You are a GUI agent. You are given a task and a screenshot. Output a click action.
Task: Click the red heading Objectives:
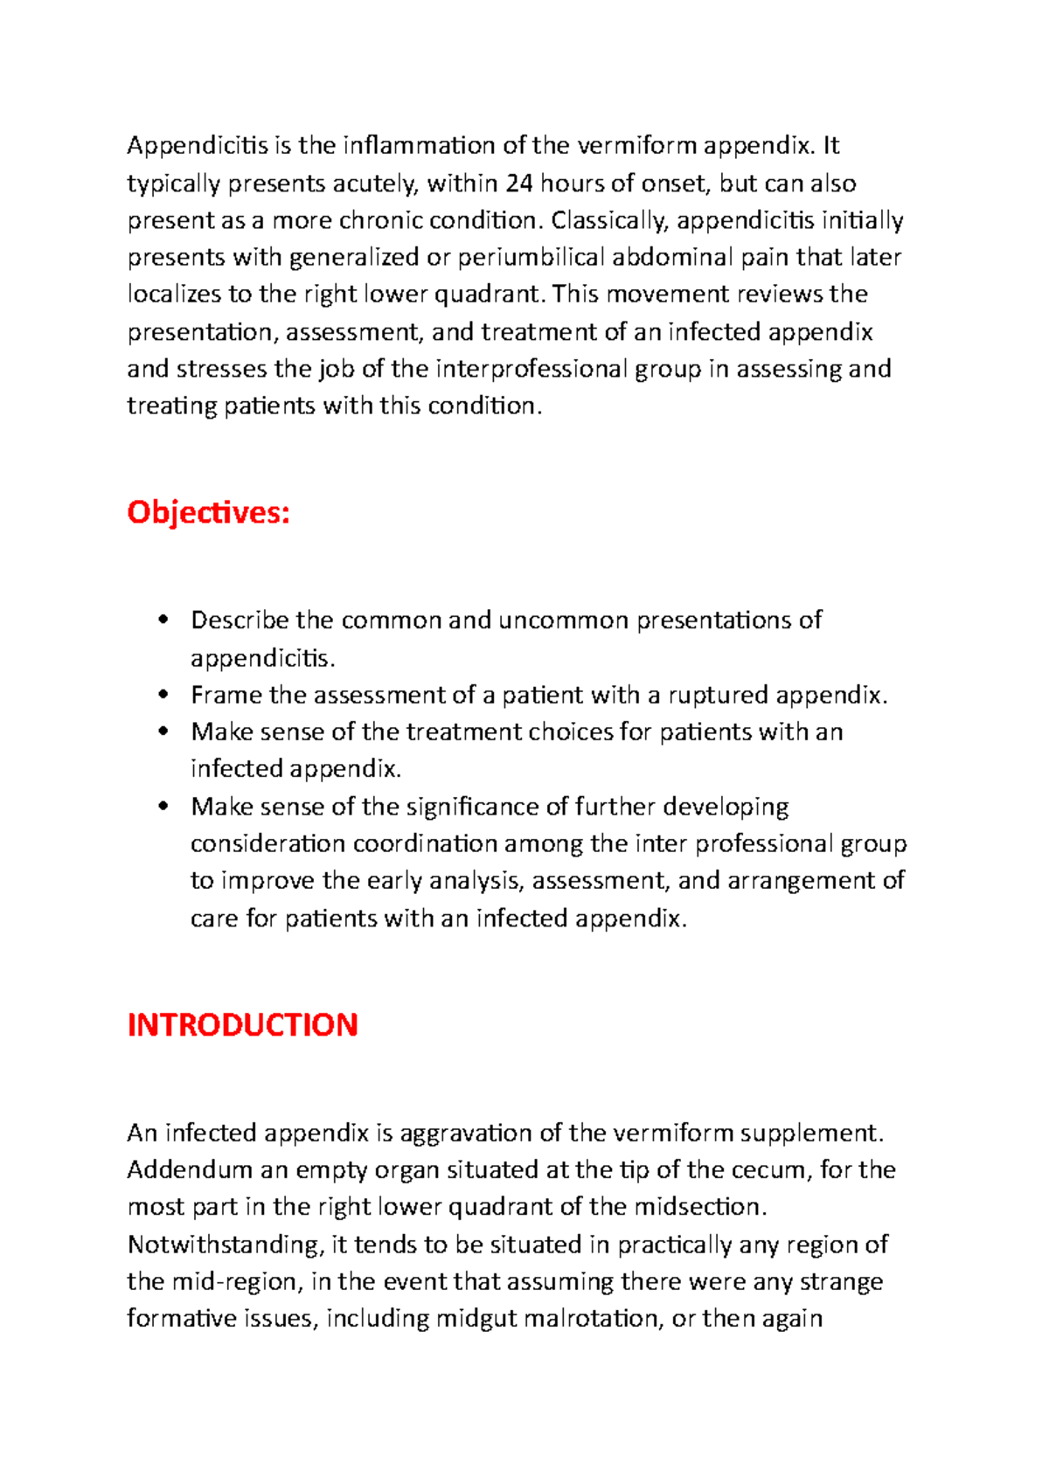pos(208,512)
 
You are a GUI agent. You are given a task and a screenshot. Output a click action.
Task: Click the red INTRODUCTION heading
pos(242,1025)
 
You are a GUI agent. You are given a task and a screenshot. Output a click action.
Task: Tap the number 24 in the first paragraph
pos(519,184)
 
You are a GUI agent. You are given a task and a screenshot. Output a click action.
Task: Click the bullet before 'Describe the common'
pos(163,620)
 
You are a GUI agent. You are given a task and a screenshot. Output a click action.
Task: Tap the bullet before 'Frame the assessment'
pos(163,695)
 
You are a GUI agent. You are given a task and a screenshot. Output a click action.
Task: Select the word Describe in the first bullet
pos(240,621)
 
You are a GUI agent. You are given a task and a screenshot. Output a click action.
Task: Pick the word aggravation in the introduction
pos(466,1134)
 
